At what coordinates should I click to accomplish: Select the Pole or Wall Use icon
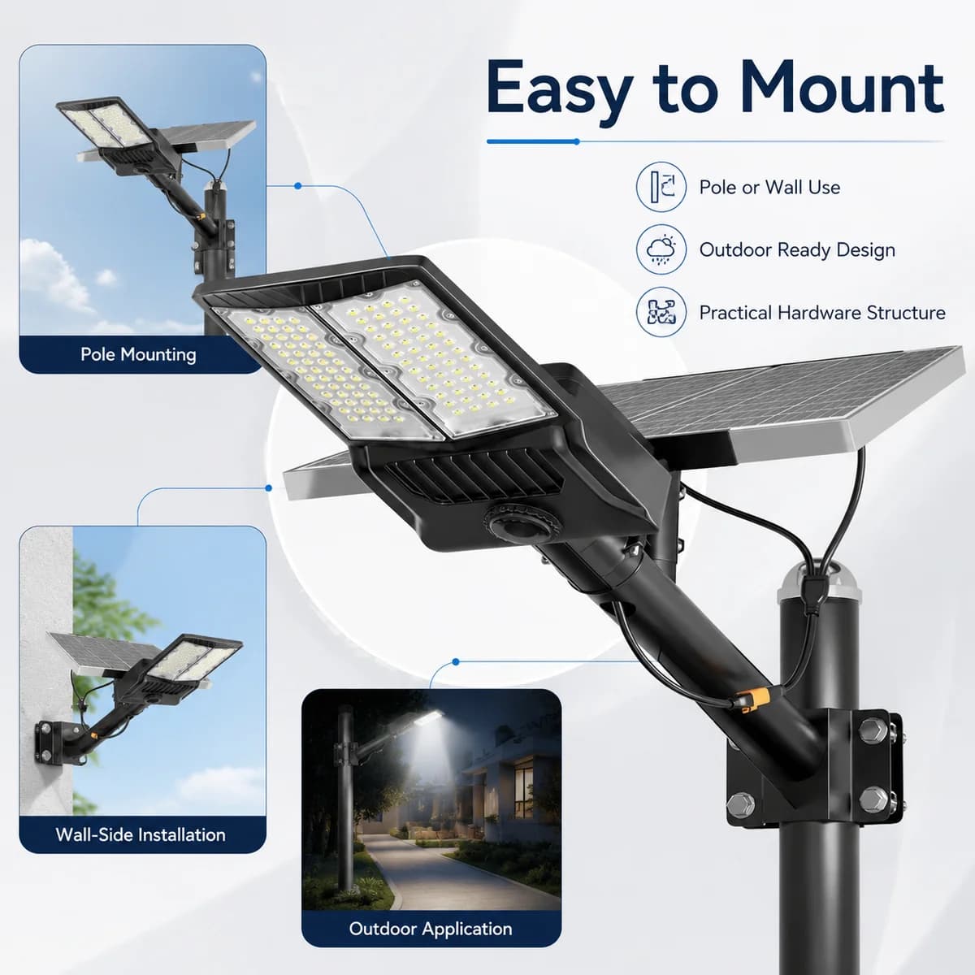click(661, 187)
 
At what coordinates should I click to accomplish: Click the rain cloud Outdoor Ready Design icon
click(661, 249)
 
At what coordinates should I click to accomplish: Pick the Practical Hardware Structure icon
click(661, 312)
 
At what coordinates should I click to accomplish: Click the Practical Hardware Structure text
click(822, 312)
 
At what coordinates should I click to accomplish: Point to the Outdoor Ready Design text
click(797, 250)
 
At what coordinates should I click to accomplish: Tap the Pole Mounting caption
click(138, 354)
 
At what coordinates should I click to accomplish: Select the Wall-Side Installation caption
click(141, 834)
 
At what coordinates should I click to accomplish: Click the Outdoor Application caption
click(431, 929)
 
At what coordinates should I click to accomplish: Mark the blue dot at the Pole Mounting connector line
click(297, 186)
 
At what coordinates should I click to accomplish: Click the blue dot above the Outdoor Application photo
click(455, 661)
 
